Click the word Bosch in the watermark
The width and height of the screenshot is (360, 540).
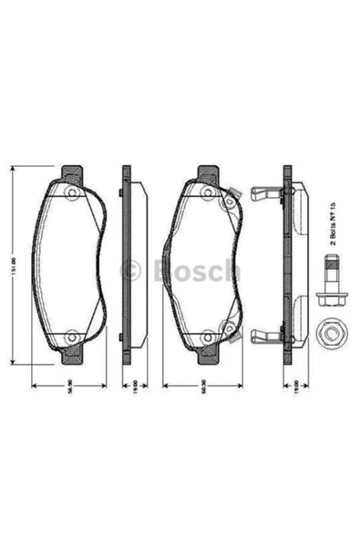(x=197, y=271)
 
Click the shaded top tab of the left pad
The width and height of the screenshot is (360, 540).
(x=71, y=173)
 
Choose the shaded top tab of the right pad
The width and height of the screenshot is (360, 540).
(x=207, y=173)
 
